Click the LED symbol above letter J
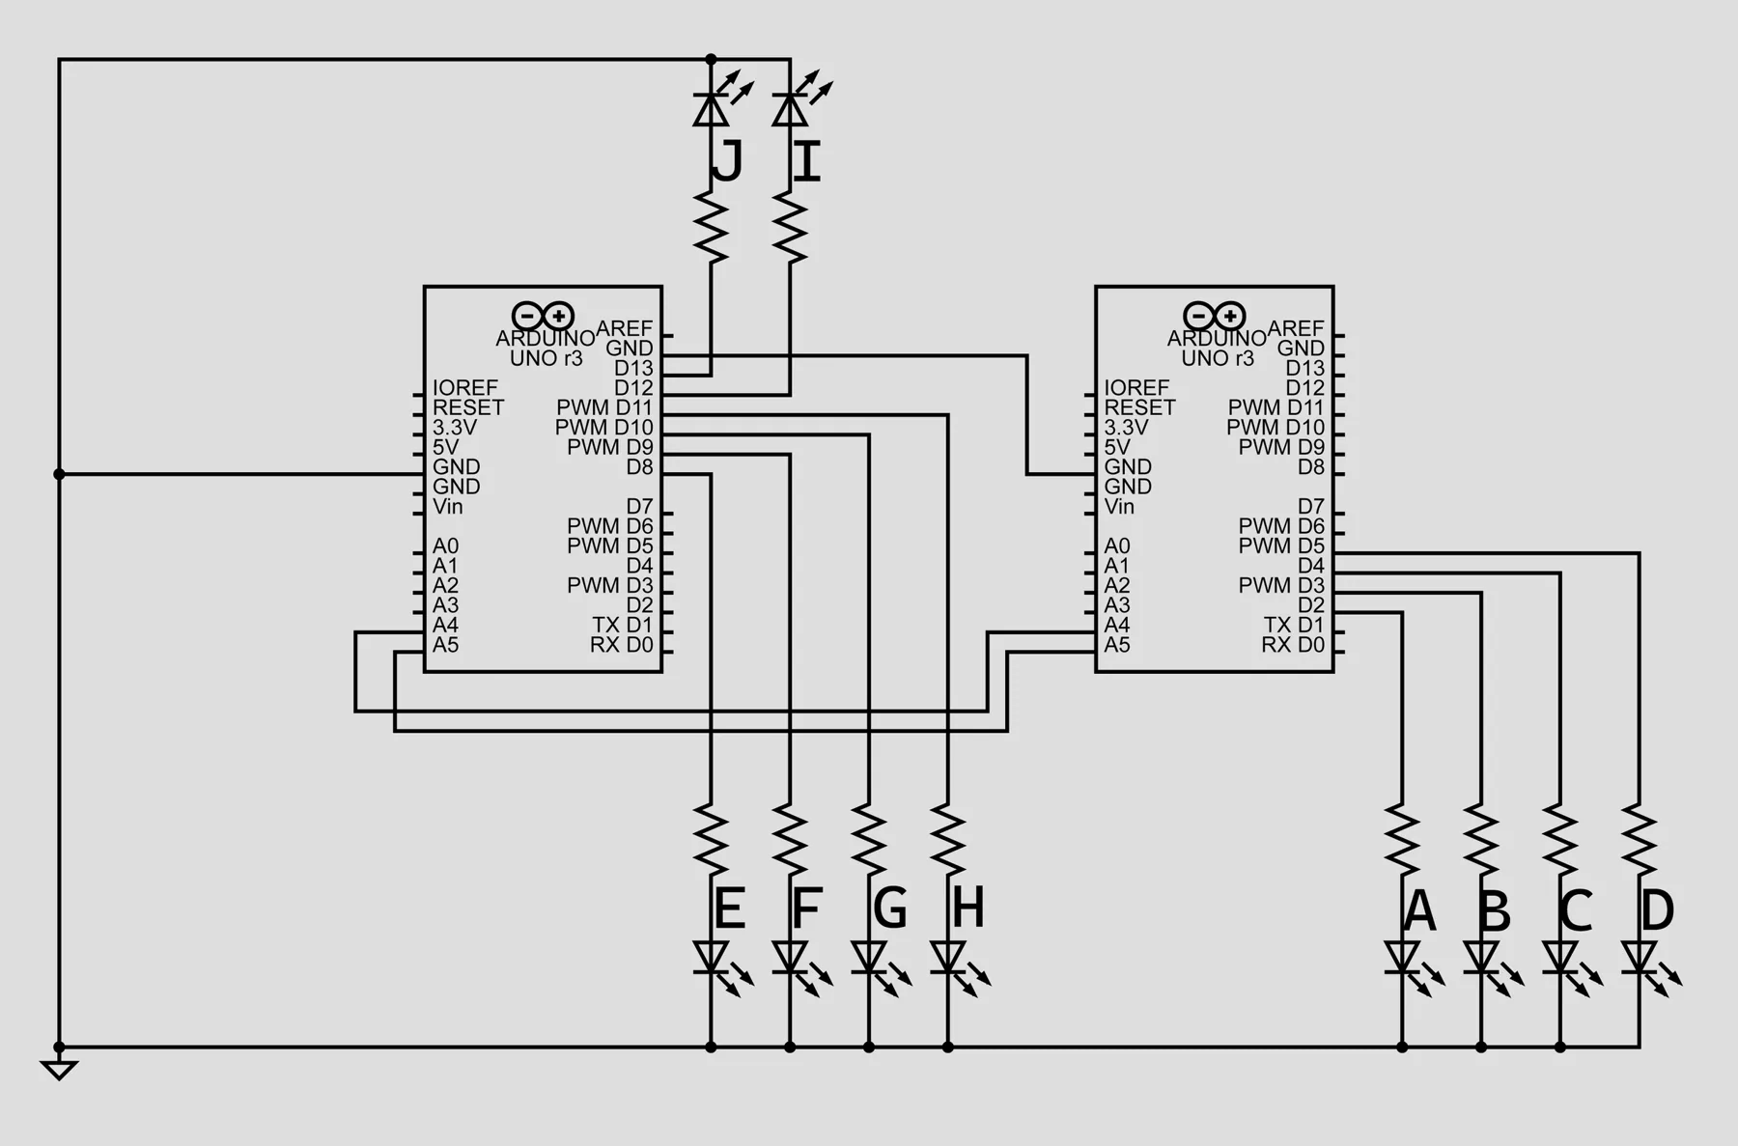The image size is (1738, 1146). (715, 102)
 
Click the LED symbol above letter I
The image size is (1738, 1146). (795, 102)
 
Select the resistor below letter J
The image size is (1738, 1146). (712, 228)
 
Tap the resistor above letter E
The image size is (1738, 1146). (712, 840)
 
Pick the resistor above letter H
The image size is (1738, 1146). (948, 840)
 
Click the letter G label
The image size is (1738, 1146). (889, 908)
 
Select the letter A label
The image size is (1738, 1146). (1419, 910)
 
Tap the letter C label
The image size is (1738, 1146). (1576, 910)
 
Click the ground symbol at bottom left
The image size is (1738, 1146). (59, 1070)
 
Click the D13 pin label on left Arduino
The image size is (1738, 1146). (633, 368)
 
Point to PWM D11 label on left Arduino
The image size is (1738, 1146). (604, 407)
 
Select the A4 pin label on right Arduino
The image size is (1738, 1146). (1117, 625)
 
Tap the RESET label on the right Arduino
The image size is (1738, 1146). (1139, 407)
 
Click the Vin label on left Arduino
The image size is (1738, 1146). (447, 506)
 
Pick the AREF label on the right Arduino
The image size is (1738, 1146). (1296, 328)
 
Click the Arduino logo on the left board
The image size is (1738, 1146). (543, 316)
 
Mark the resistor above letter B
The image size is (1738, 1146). (1481, 840)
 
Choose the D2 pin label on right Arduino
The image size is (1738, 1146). (1311, 605)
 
